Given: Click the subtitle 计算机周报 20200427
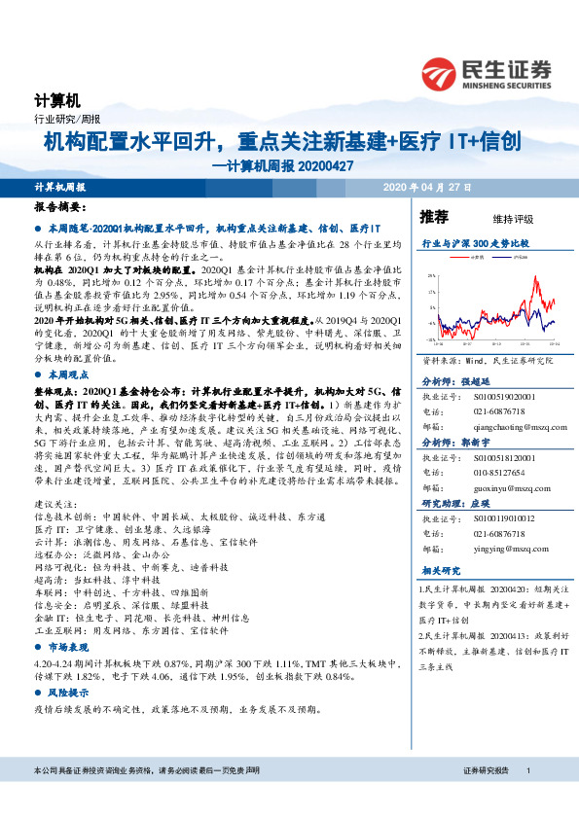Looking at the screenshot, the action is tap(282, 164).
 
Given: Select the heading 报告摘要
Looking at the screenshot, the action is tap(60, 208).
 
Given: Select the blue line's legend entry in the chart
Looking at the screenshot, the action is tap(516, 258).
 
